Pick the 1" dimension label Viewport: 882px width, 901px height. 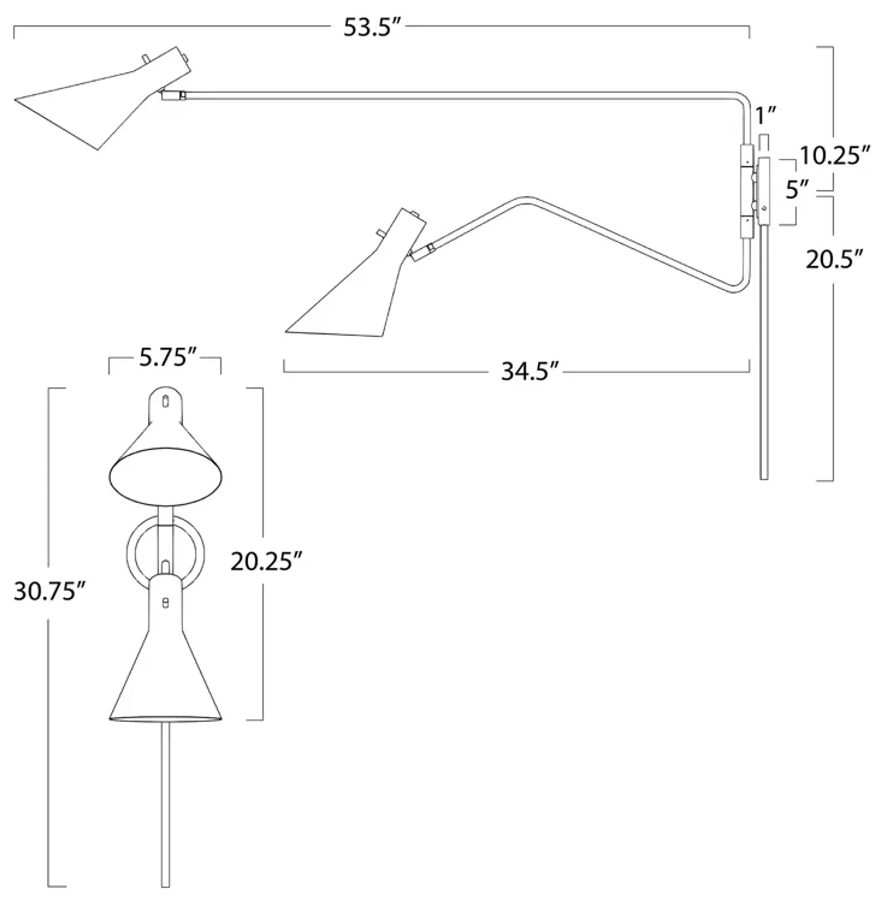765,116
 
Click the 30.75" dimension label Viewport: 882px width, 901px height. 50,592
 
